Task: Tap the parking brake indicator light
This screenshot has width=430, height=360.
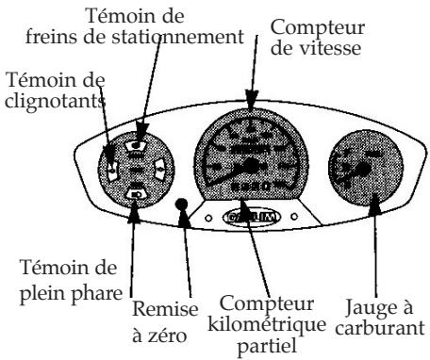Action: [x=137, y=147]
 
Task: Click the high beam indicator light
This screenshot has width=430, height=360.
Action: [x=136, y=195]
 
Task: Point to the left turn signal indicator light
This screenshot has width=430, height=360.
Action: [x=111, y=171]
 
